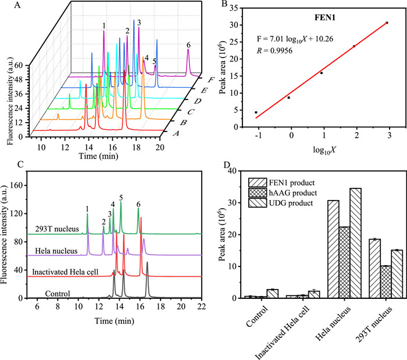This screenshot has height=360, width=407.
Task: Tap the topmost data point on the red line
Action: coord(387,23)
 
